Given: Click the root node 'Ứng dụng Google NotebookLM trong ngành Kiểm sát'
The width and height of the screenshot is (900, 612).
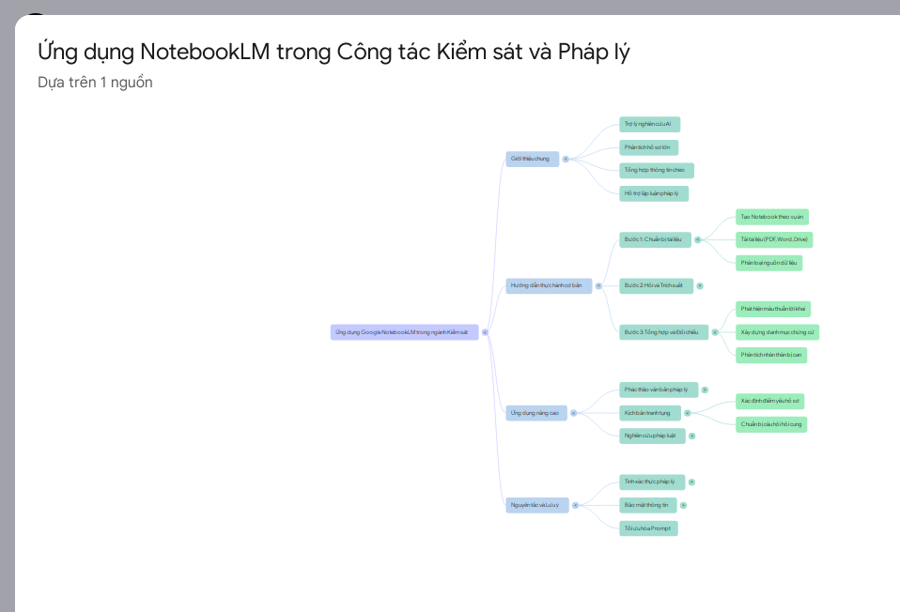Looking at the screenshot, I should [x=404, y=332].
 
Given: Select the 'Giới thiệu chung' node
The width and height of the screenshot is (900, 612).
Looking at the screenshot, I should [x=532, y=160].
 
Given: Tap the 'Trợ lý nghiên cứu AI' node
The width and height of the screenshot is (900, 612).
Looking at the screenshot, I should [x=649, y=124].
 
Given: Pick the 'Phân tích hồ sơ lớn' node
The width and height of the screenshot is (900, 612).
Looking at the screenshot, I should [x=648, y=147].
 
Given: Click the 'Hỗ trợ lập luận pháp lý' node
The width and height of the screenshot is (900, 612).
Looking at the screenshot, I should [x=653, y=193].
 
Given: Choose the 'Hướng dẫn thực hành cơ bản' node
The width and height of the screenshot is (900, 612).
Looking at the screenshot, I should [x=549, y=285].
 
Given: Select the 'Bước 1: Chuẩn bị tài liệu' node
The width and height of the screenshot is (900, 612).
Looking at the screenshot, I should [x=655, y=239].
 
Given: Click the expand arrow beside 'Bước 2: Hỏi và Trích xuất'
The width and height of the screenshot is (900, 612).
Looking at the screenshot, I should [x=700, y=285].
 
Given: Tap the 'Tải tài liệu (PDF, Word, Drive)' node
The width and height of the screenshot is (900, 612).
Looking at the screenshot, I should [x=774, y=239].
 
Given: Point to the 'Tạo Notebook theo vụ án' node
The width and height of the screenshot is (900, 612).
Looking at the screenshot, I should [x=771, y=217].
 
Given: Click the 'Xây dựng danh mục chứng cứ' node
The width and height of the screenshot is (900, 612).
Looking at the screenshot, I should [x=777, y=332].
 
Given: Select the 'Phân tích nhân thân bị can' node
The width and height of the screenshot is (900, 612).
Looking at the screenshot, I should [x=770, y=355].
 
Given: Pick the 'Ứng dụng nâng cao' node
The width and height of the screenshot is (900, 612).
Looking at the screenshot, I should [x=535, y=413].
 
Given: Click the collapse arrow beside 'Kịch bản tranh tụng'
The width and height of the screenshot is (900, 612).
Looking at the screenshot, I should [x=687, y=413].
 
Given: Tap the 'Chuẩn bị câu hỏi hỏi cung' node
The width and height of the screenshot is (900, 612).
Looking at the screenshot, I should [x=770, y=424].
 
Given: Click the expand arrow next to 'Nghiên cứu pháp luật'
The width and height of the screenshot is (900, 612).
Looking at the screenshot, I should [x=691, y=436].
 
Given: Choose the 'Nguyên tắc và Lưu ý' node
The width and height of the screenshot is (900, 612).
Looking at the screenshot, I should [x=536, y=505].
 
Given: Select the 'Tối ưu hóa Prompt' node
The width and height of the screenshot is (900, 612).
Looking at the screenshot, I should [x=648, y=528].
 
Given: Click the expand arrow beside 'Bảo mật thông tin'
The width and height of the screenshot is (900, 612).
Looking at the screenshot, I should [x=683, y=505].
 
